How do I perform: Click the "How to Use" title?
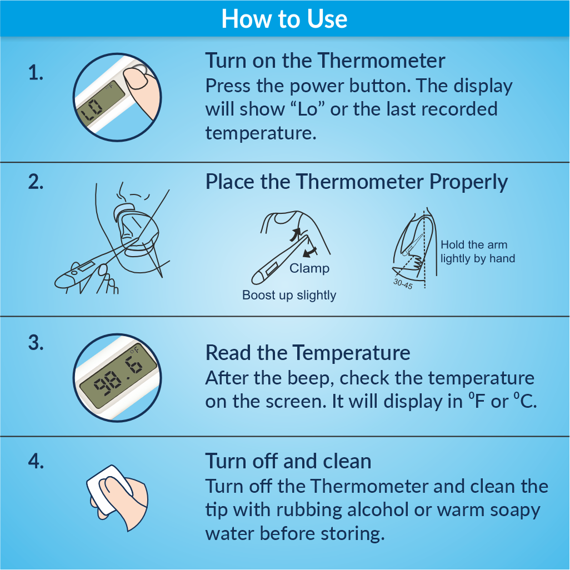click(284, 18)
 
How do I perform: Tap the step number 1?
click(36, 73)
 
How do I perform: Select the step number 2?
click(36, 182)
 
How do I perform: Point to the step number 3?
click(36, 343)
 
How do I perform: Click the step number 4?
click(36, 461)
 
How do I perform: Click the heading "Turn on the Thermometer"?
click(325, 61)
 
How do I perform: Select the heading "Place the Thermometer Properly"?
click(356, 182)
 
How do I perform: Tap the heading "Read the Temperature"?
click(308, 353)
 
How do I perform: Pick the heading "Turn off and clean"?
click(288, 461)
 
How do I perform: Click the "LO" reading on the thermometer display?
click(92, 111)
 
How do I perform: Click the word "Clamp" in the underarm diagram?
click(309, 268)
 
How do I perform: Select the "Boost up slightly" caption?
click(289, 295)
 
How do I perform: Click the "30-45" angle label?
click(403, 283)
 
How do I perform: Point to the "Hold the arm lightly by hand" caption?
click(478, 252)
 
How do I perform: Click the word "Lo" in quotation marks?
click(308, 109)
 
